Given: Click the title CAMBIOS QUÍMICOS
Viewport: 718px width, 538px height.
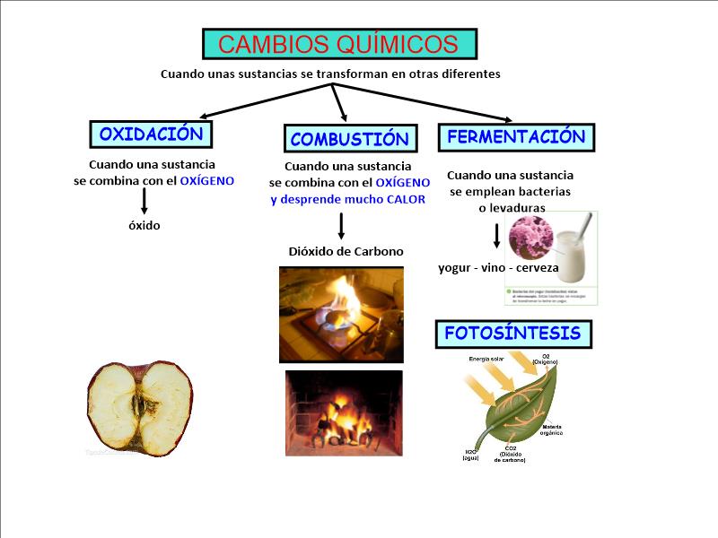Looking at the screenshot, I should click(338, 44).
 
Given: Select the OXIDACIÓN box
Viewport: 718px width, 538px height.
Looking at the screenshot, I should click(151, 134).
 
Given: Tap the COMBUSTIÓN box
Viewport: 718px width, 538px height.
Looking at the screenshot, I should click(349, 139).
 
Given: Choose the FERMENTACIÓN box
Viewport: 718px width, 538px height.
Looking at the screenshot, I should click(516, 137).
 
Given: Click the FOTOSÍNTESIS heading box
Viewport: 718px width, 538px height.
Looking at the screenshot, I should click(513, 334).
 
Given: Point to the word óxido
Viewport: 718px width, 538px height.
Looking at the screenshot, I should click(144, 226).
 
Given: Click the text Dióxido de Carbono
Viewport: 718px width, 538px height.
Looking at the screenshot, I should click(346, 252).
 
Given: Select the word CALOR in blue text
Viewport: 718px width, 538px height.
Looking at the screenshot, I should click(406, 199).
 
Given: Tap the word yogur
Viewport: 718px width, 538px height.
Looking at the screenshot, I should click(456, 267).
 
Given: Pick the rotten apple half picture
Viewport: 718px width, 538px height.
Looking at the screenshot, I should click(140, 407).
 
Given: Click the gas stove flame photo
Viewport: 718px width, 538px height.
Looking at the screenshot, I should click(341, 314).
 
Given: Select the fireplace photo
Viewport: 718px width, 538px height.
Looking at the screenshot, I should click(344, 412).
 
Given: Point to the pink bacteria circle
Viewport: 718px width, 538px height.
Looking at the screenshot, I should click(530, 237).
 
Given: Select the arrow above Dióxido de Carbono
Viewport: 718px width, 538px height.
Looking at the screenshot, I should click(341, 225).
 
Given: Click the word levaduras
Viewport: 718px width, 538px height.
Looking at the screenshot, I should click(512, 208).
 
